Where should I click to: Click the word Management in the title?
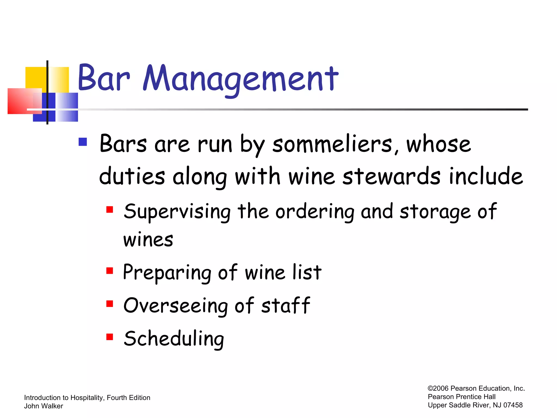[240, 79]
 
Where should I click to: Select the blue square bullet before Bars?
[83, 142]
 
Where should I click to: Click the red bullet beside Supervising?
[110, 210]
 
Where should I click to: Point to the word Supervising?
[177, 212]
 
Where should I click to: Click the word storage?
[435, 212]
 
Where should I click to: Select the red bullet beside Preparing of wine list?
[110, 271]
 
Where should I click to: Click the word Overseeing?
[175, 305]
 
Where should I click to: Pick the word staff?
[286, 305]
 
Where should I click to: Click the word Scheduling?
[174, 339]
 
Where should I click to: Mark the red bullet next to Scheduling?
[110, 337]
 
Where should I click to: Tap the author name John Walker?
[44, 406]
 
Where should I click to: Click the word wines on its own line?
[148, 240]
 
